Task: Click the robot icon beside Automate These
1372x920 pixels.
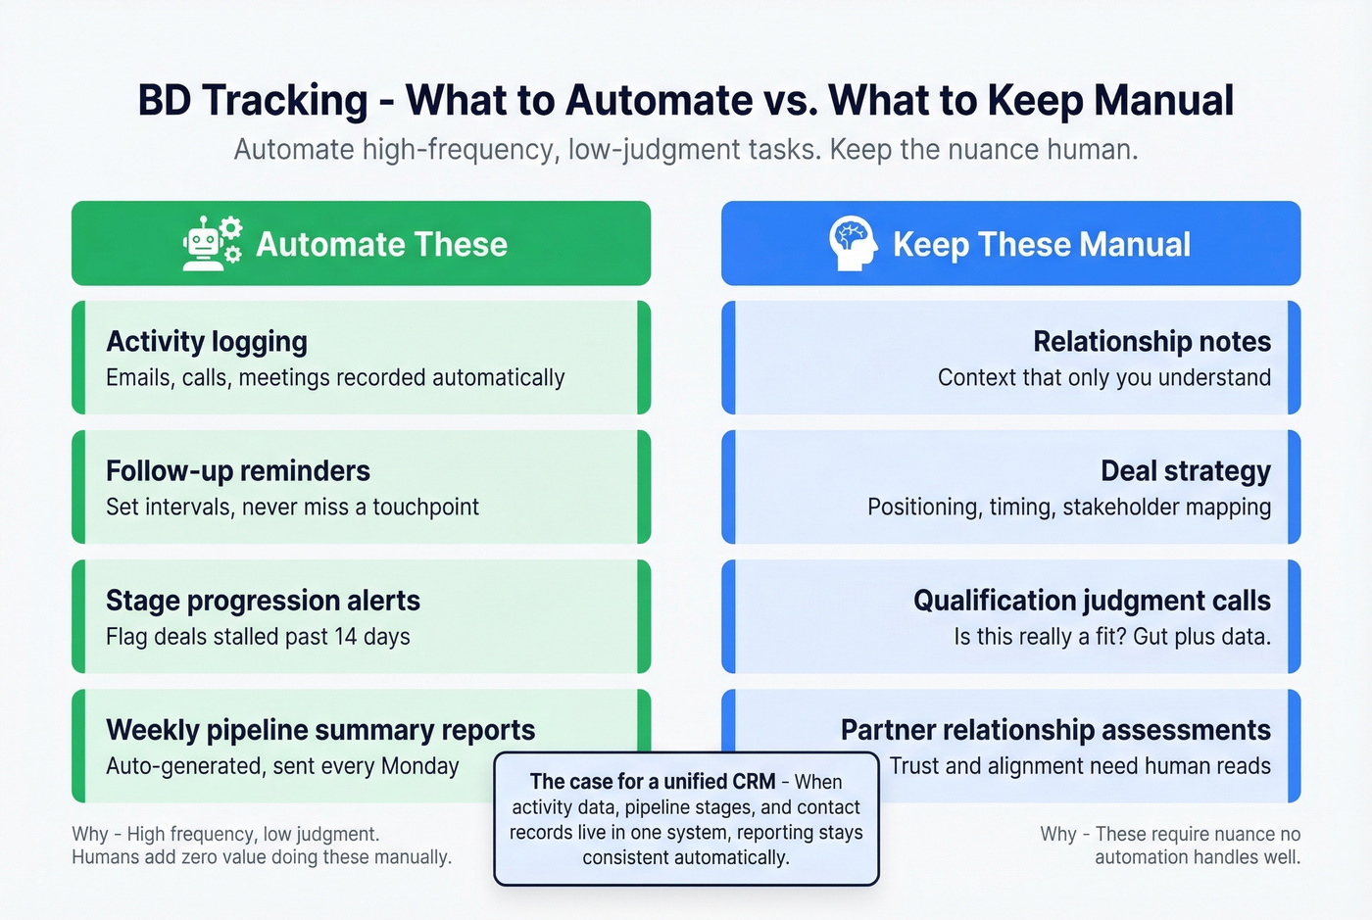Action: pos(212,244)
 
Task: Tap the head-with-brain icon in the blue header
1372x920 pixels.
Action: pos(852,244)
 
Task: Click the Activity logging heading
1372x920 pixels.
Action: pos(207,341)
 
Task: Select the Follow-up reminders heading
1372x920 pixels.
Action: pos(238,470)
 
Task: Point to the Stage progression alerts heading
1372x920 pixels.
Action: pos(263,600)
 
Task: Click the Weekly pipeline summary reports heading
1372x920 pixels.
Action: pos(320,730)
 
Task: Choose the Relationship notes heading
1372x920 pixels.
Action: pos(1151,341)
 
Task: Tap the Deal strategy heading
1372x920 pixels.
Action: pos(1185,470)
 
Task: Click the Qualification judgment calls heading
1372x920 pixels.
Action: pos(1092,600)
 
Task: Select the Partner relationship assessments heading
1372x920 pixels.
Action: pos(1055,730)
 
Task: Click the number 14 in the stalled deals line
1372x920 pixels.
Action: pos(345,637)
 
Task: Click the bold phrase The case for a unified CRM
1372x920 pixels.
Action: pos(652,782)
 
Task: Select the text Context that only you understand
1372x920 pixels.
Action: pos(1103,377)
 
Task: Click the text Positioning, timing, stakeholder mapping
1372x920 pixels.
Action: pos(1068,507)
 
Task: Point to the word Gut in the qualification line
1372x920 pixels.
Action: pos(1151,637)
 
